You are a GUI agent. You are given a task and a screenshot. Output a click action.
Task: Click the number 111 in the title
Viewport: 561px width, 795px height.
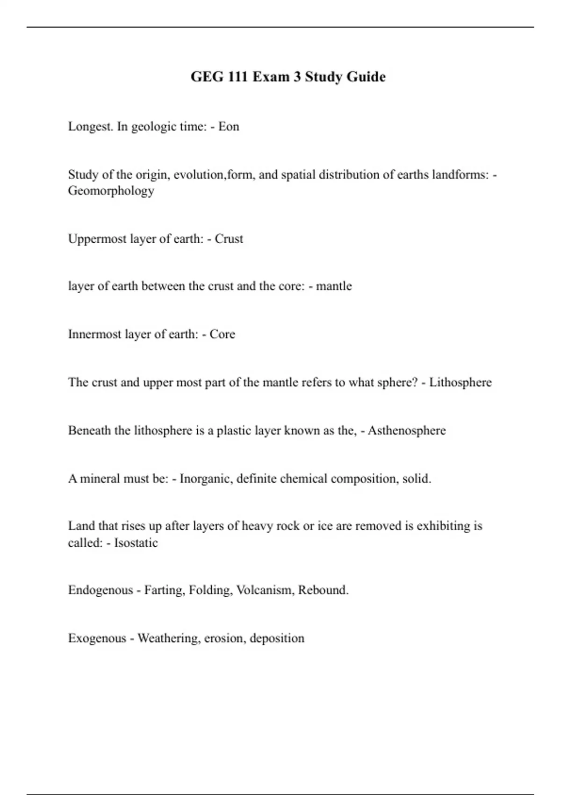coord(238,77)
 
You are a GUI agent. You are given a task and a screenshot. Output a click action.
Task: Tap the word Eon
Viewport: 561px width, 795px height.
coord(229,127)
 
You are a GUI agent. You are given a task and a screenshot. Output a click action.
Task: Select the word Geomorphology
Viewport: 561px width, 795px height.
coord(111,191)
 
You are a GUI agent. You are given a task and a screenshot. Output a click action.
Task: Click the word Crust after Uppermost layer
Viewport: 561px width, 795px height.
coord(229,239)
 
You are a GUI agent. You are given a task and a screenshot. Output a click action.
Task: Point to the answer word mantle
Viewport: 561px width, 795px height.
coord(334,286)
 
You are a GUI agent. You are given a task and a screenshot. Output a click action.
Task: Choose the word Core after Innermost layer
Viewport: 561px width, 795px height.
coord(222,334)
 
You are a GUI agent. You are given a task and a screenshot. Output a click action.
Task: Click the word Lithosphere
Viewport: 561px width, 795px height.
coord(460,383)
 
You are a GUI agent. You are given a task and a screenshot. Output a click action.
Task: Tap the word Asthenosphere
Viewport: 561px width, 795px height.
coord(407,431)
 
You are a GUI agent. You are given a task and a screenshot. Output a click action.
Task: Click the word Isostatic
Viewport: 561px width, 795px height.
coord(136,543)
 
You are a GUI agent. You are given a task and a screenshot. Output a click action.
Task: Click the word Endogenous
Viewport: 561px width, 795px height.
coord(100,590)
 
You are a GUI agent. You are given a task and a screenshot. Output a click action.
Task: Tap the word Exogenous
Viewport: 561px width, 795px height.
coord(97,638)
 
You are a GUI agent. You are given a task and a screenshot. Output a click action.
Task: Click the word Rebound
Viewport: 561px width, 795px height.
coord(323,590)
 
